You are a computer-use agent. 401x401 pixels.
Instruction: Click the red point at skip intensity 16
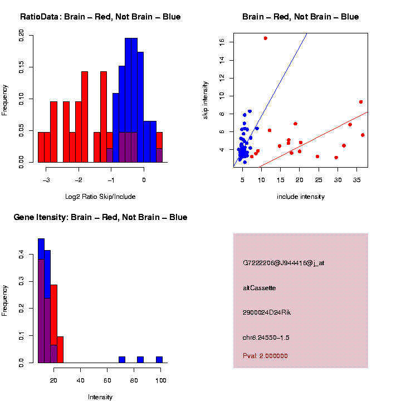pyautogui.click(x=266, y=38)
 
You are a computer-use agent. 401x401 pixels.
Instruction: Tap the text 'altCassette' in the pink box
pyautogui.click(x=260, y=288)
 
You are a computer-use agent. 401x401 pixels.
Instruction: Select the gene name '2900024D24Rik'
pyautogui.click(x=267, y=312)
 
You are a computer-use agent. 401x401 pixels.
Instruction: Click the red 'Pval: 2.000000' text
pyautogui.click(x=265, y=356)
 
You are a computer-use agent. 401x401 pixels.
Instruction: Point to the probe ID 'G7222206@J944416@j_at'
pyautogui.click(x=283, y=263)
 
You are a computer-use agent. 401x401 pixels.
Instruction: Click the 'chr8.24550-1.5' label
pyautogui.click(x=266, y=338)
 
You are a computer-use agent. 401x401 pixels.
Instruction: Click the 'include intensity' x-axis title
pyautogui.click(x=301, y=197)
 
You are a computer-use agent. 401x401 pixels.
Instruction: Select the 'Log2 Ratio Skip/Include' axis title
pyautogui.click(x=100, y=197)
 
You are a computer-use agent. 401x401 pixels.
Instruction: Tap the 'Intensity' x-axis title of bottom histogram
pyautogui.click(x=100, y=397)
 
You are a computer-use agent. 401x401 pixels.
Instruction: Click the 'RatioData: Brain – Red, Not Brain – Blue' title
pyautogui.click(x=100, y=17)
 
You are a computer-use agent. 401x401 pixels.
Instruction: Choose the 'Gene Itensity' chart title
pyautogui.click(x=100, y=217)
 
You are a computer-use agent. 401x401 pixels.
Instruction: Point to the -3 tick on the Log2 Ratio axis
pyautogui.click(x=47, y=180)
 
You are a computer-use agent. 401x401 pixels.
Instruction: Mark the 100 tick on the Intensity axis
pyautogui.click(x=161, y=380)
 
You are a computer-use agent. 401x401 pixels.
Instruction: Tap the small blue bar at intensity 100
pyautogui.click(x=159, y=360)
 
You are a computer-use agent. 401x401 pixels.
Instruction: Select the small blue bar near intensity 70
pyautogui.click(x=122, y=360)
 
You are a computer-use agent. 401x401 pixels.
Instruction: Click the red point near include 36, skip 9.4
pyautogui.click(x=361, y=102)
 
